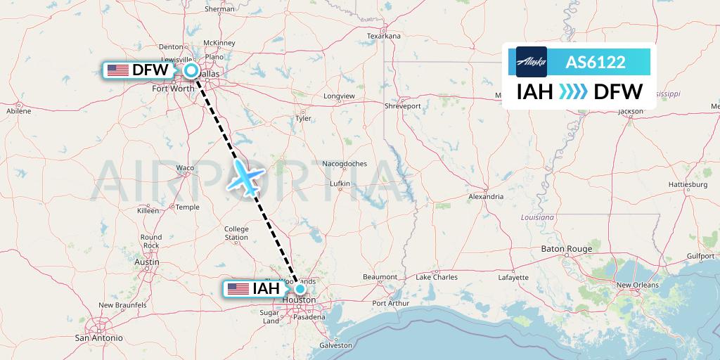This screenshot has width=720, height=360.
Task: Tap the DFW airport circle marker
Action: pos(191,70)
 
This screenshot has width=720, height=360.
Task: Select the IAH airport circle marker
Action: pos(300,288)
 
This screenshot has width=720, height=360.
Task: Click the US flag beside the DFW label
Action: pos(118,70)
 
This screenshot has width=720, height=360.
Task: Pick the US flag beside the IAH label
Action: pos(238,289)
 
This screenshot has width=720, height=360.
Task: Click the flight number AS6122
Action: pos(596,62)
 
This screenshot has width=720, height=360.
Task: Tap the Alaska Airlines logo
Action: pos(531,62)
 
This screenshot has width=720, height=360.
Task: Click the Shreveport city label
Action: pos(402,106)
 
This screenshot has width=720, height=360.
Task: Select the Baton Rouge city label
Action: pos(567,249)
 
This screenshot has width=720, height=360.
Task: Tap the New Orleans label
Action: pos(637,285)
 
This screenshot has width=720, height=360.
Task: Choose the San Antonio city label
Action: pos(99,337)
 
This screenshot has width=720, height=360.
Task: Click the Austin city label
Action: pos(146,262)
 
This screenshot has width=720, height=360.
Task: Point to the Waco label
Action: pos(185,167)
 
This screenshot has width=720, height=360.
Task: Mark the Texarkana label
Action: pos(384,36)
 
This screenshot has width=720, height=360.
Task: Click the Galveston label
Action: pos(335,345)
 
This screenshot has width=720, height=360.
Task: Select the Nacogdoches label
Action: pos(345,164)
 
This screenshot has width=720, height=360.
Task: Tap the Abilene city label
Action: pos(18,111)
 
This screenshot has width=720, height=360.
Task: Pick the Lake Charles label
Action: pos(437,277)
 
